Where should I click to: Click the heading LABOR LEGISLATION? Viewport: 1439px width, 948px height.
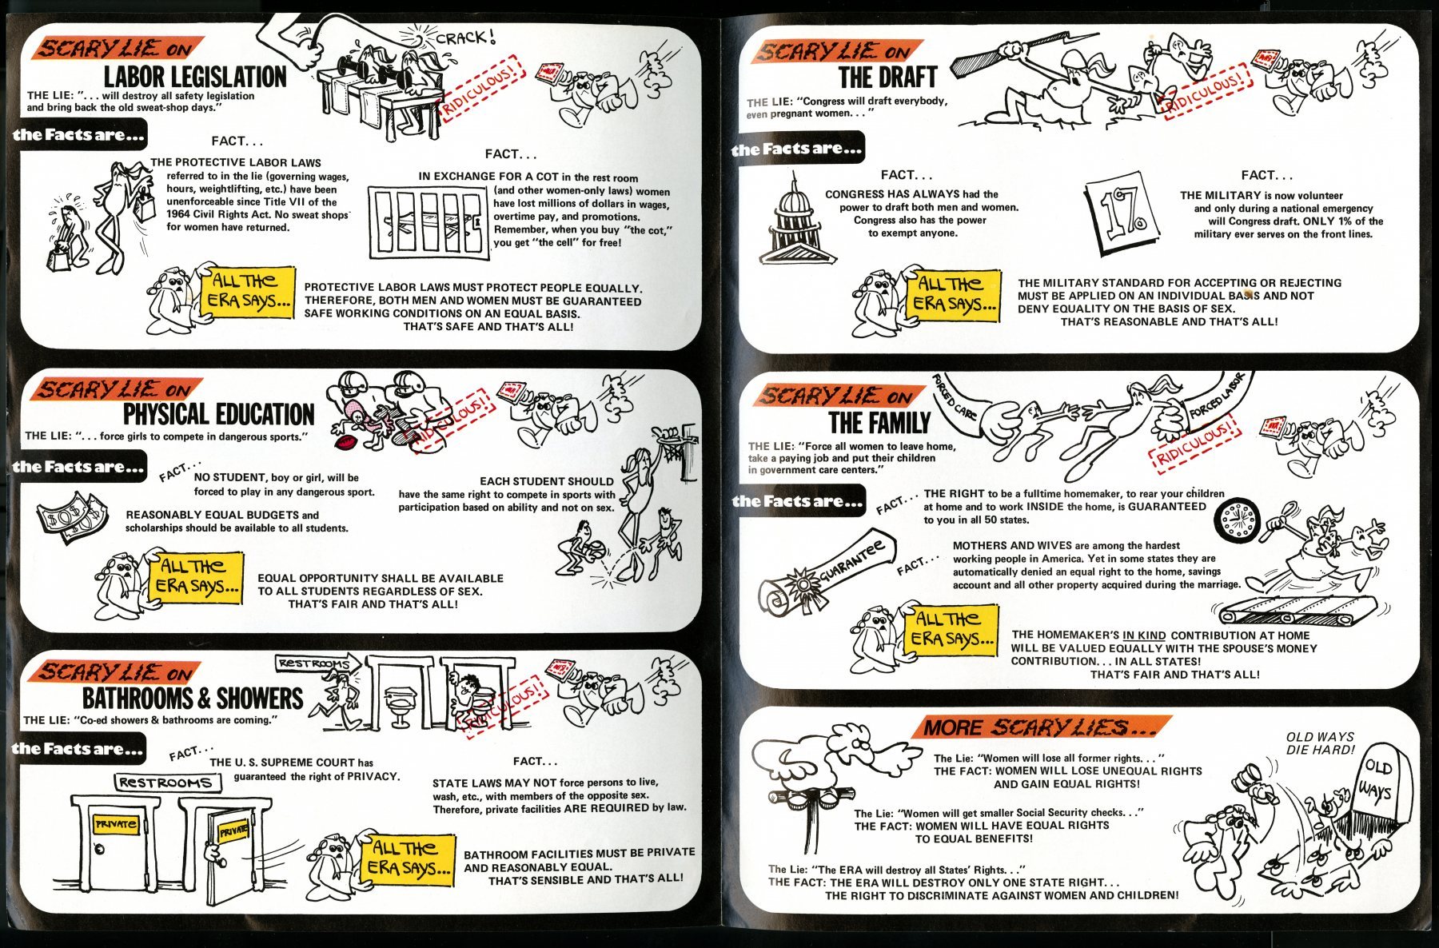coord(195,77)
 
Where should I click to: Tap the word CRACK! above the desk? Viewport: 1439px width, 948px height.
coord(466,38)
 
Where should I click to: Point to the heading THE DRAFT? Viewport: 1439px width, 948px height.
coord(887,78)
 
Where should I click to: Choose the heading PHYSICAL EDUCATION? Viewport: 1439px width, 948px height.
coord(218,414)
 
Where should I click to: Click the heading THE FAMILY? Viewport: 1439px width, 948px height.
coord(879,422)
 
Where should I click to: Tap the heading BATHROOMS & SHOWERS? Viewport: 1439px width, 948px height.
coord(193,698)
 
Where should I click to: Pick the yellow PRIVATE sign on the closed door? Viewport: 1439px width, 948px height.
coord(116,824)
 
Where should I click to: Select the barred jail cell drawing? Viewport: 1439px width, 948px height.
coord(429,222)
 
